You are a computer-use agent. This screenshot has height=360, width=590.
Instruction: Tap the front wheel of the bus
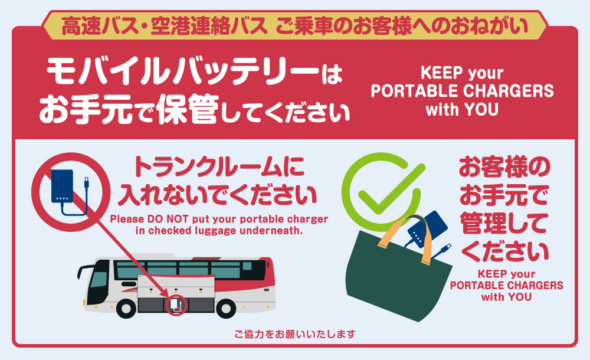click(x=127, y=307)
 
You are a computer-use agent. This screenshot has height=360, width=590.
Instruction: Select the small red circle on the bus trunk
click(x=175, y=305)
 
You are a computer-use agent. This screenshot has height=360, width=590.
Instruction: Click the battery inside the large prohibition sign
click(x=63, y=187)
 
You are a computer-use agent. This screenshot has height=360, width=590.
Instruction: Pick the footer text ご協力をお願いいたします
click(x=294, y=335)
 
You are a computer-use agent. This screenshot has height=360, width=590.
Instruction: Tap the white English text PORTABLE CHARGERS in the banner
click(x=462, y=92)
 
